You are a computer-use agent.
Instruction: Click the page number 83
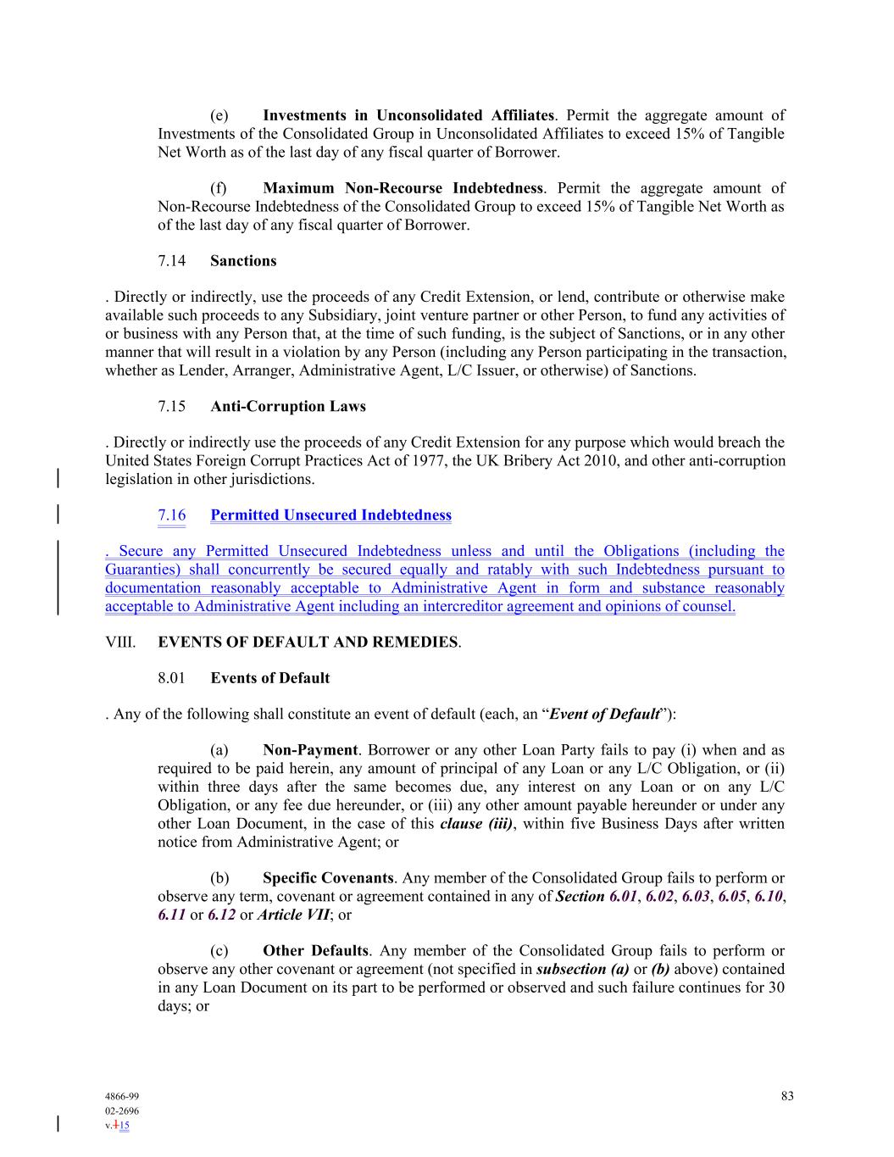click(x=787, y=1096)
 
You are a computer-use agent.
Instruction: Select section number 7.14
click(x=171, y=261)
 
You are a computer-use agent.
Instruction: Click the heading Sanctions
click(x=243, y=261)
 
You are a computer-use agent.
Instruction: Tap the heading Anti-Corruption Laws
click(x=288, y=407)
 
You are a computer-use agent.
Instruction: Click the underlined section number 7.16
click(x=171, y=515)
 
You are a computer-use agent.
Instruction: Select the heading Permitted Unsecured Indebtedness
click(x=330, y=515)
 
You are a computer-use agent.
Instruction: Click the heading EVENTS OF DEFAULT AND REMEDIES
click(x=308, y=642)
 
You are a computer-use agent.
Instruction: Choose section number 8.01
click(x=171, y=678)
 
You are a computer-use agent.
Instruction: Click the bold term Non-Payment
click(x=310, y=750)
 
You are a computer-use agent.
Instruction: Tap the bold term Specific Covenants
click(x=328, y=878)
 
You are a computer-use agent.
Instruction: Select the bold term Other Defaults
click(x=315, y=951)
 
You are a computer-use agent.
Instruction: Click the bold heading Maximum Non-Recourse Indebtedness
click(x=403, y=188)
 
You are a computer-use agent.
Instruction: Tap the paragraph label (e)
click(x=219, y=115)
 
